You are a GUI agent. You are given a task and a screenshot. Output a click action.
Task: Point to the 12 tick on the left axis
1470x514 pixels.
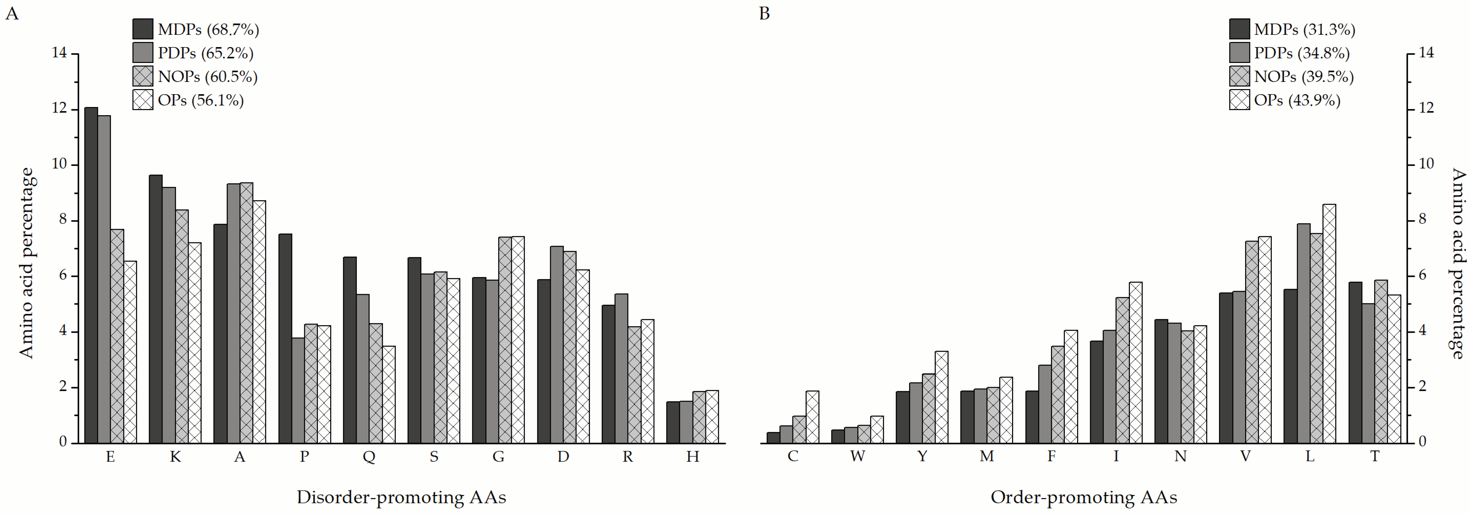point(59,108)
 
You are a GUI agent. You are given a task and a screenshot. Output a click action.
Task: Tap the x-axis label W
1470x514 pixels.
point(857,456)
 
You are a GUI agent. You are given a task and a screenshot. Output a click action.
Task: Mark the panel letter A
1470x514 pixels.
point(12,13)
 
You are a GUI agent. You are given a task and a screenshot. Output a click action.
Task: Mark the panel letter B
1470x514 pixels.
point(764,13)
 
